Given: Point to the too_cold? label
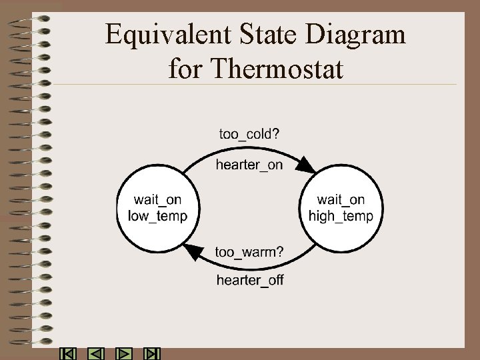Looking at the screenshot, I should [x=250, y=134].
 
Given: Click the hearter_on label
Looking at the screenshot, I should [x=249, y=165].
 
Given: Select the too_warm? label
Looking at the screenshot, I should [x=249, y=251].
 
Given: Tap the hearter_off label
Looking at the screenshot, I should [x=250, y=280].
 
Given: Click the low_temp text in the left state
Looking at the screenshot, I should [x=158, y=216].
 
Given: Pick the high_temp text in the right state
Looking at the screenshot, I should [x=341, y=216].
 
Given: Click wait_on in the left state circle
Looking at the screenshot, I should [x=157, y=200].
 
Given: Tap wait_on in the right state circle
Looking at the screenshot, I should [x=341, y=200].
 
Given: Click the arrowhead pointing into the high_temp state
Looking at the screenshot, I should [x=307, y=165].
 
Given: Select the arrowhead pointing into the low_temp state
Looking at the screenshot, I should [x=192, y=252].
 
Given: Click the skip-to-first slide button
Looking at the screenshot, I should [x=67, y=354].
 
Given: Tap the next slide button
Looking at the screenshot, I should [x=125, y=354].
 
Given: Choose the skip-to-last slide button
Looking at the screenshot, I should [x=153, y=354].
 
